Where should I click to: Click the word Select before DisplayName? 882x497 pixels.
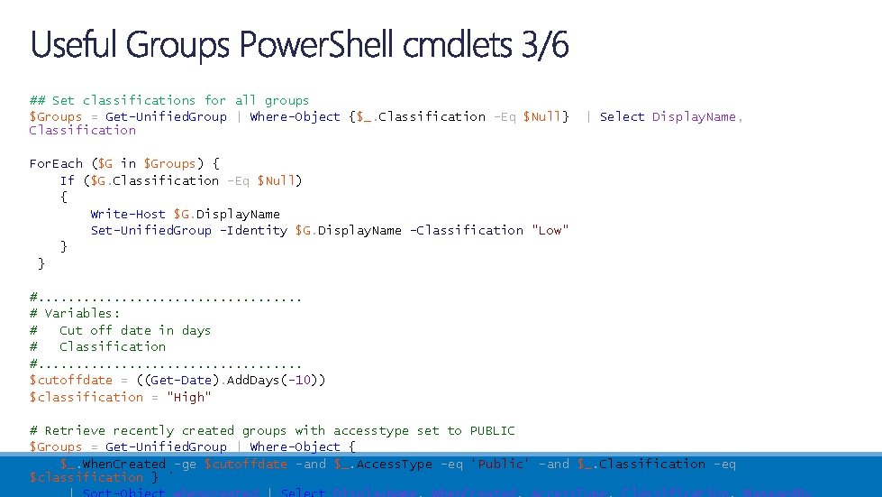622,116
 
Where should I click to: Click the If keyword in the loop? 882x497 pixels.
68,180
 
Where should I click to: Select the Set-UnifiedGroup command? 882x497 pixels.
150,230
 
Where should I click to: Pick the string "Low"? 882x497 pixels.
550,230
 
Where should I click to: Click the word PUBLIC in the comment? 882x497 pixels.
492,430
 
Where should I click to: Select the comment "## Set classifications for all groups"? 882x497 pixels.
168,100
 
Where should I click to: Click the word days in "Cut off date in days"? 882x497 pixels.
195,330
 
